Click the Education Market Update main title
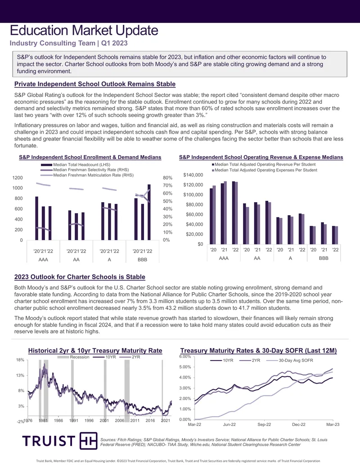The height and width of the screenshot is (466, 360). [84, 30]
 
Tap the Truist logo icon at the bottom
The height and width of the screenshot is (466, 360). [88, 441]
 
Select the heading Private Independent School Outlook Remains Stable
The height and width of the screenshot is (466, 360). [95, 84]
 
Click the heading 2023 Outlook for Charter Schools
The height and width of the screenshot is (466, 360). [80, 277]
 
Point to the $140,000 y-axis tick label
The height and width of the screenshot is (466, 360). [193, 175]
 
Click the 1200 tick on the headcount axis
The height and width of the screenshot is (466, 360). [18, 178]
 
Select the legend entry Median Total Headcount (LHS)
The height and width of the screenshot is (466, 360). [76, 165]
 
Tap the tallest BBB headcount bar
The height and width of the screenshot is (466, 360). [149, 212]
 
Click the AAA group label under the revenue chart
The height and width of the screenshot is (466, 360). [224, 258]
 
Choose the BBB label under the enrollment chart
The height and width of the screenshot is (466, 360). [142, 259]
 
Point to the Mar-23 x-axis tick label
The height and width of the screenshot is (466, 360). [333, 425]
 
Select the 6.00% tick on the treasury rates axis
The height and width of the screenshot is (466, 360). [185, 356]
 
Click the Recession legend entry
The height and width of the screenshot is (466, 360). [73, 357]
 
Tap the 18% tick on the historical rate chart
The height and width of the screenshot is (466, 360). [20, 360]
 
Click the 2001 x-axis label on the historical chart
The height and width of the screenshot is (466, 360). [104, 420]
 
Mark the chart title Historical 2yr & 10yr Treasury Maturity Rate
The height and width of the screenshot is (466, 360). [95, 351]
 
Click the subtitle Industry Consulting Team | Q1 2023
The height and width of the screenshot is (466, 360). [68, 43]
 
